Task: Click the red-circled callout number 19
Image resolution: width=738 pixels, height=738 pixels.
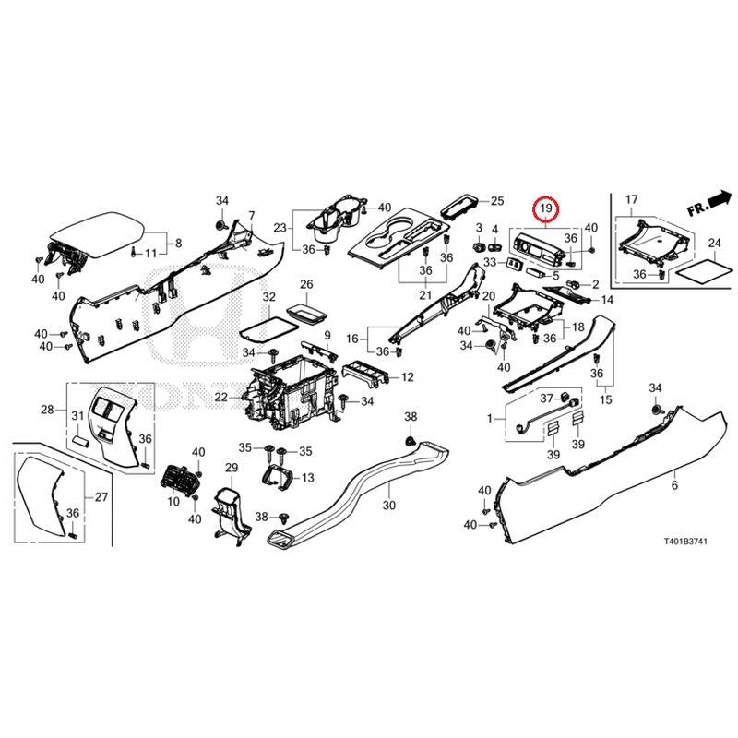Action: tap(545, 209)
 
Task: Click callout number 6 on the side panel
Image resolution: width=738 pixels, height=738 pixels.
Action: tap(674, 485)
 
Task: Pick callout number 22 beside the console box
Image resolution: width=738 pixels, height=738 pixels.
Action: tap(220, 397)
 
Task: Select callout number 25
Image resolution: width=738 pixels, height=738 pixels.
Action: tap(497, 201)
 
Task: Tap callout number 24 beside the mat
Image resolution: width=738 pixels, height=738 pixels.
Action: tap(713, 244)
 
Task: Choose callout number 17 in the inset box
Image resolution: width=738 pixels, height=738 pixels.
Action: tap(631, 200)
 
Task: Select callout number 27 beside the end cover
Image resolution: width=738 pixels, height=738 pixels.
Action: tap(101, 497)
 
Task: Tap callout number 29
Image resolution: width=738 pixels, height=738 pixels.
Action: tap(232, 469)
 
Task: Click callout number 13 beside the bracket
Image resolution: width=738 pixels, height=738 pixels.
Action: tap(307, 477)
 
